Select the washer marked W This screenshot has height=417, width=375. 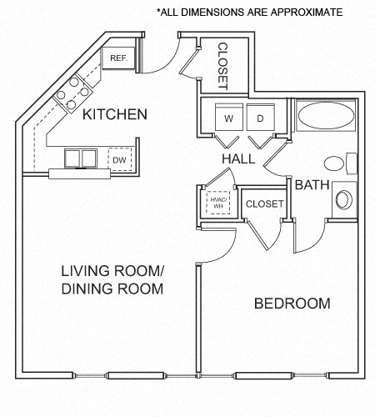[228, 118]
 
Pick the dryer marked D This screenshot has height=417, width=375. [260, 118]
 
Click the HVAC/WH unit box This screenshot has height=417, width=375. [217, 203]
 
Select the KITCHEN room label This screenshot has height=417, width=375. [115, 113]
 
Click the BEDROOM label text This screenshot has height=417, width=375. [292, 303]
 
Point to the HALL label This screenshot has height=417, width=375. [238, 158]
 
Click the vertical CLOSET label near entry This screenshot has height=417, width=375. [223, 66]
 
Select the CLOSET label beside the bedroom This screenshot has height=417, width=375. [266, 203]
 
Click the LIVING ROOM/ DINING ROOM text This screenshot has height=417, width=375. [112, 279]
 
